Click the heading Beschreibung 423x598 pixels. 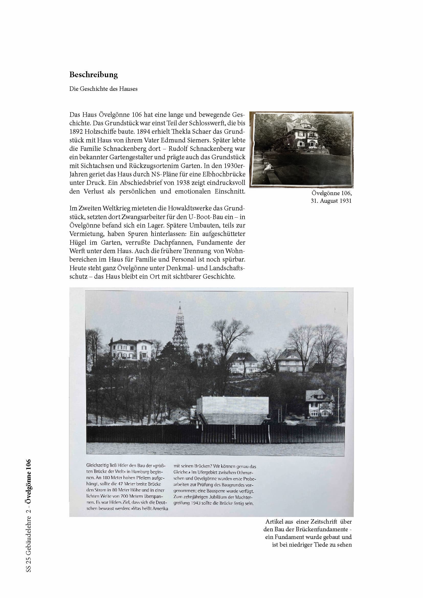94,75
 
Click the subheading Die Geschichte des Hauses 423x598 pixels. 103,89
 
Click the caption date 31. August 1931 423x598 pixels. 331,201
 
